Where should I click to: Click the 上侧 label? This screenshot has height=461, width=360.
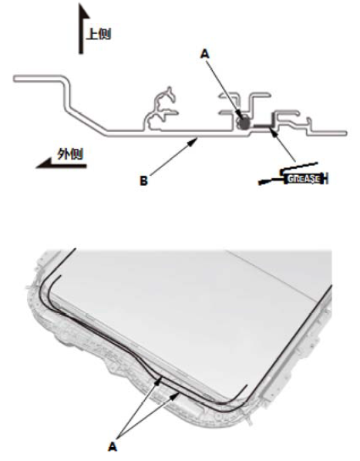click(x=99, y=35)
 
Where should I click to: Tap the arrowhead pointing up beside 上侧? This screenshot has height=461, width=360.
click(x=83, y=11)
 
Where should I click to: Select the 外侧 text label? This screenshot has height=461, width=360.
click(x=70, y=153)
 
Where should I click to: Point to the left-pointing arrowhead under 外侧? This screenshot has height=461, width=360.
click(x=43, y=163)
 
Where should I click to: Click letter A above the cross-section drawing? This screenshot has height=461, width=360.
click(x=204, y=54)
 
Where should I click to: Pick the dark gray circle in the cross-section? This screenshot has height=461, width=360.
click(x=244, y=123)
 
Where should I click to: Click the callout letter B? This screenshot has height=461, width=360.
click(x=143, y=180)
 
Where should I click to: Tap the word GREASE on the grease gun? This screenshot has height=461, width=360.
click(x=304, y=179)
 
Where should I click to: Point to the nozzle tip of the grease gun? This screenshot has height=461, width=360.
click(x=260, y=183)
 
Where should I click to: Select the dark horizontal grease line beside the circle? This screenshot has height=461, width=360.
click(x=262, y=126)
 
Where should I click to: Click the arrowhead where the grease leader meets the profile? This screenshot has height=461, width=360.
click(x=274, y=133)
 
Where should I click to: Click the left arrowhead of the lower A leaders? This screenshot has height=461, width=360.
click(x=160, y=381)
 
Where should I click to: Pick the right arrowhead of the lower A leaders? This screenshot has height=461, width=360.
click(x=176, y=395)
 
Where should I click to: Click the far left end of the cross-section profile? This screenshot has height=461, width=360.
click(x=14, y=79)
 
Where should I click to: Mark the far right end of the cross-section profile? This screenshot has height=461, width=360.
click(x=346, y=133)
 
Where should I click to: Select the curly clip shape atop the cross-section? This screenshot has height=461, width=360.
click(x=161, y=109)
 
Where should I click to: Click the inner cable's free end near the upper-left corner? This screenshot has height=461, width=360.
click(x=61, y=276)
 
